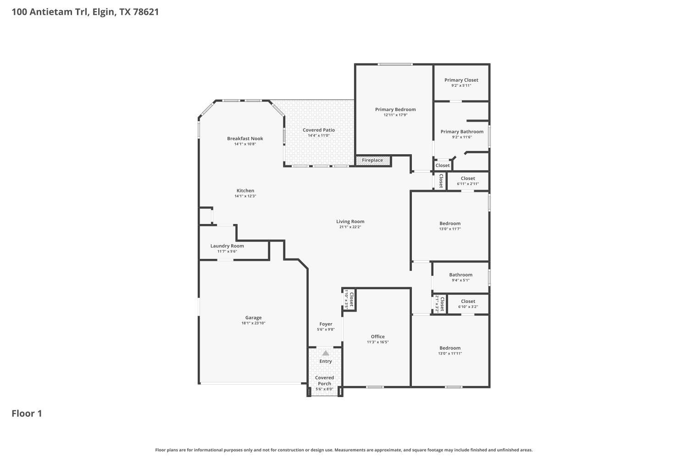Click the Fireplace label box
(x=373, y=160)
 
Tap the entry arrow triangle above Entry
(x=326, y=353)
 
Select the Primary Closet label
(x=461, y=80)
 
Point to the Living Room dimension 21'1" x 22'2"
(x=350, y=227)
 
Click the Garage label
(x=253, y=318)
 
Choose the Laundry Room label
(x=227, y=246)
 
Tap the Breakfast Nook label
(x=245, y=139)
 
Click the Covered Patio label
(x=318, y=130)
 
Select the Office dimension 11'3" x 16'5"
(x=377, y=342)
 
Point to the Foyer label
(x=326, y=324)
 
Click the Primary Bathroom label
(x=462, y=132)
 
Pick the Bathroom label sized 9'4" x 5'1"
(x=461, y=275)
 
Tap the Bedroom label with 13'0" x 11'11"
(x=449, y=348)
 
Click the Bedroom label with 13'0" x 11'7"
(x=449, y=224)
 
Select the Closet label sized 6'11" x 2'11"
(x=468, y=179)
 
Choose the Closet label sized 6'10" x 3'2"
(x=468, y=302)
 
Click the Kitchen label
(x=245, y=190)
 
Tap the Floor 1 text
(x=27, y=414)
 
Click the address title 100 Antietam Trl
(x=85, y=12)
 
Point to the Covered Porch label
(x=324, y=381)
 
